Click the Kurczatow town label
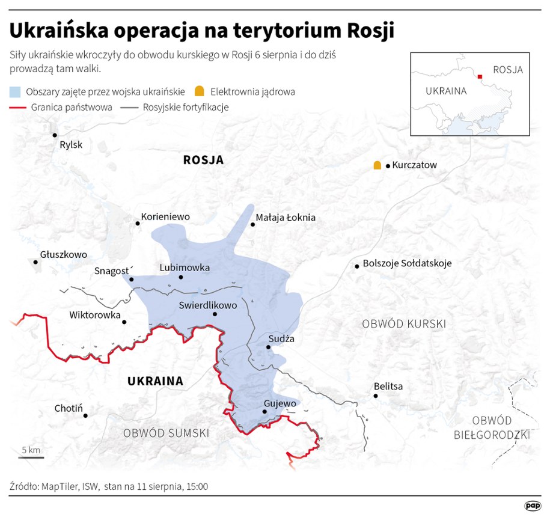click(x=415, y=165)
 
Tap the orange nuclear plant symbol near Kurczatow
click(x=377, y=165)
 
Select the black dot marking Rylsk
click(x=55, y=135)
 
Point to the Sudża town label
click(x=281, y=338)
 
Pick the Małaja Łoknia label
click(x=285, y=218)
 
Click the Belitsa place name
click(x=388, y=387)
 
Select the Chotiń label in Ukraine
click(x=68, y=408)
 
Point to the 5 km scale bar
click(x=31, y=457)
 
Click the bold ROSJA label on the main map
click(x=203, y=160)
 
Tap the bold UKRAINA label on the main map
click(x=155, y=381)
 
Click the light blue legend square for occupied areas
click(x=16, y=92)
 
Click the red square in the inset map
click(x=480, y=76)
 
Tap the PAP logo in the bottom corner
click(x=532, y=506)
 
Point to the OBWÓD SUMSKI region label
click(x=166, y=433)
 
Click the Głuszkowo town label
click(x=64, y=254)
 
